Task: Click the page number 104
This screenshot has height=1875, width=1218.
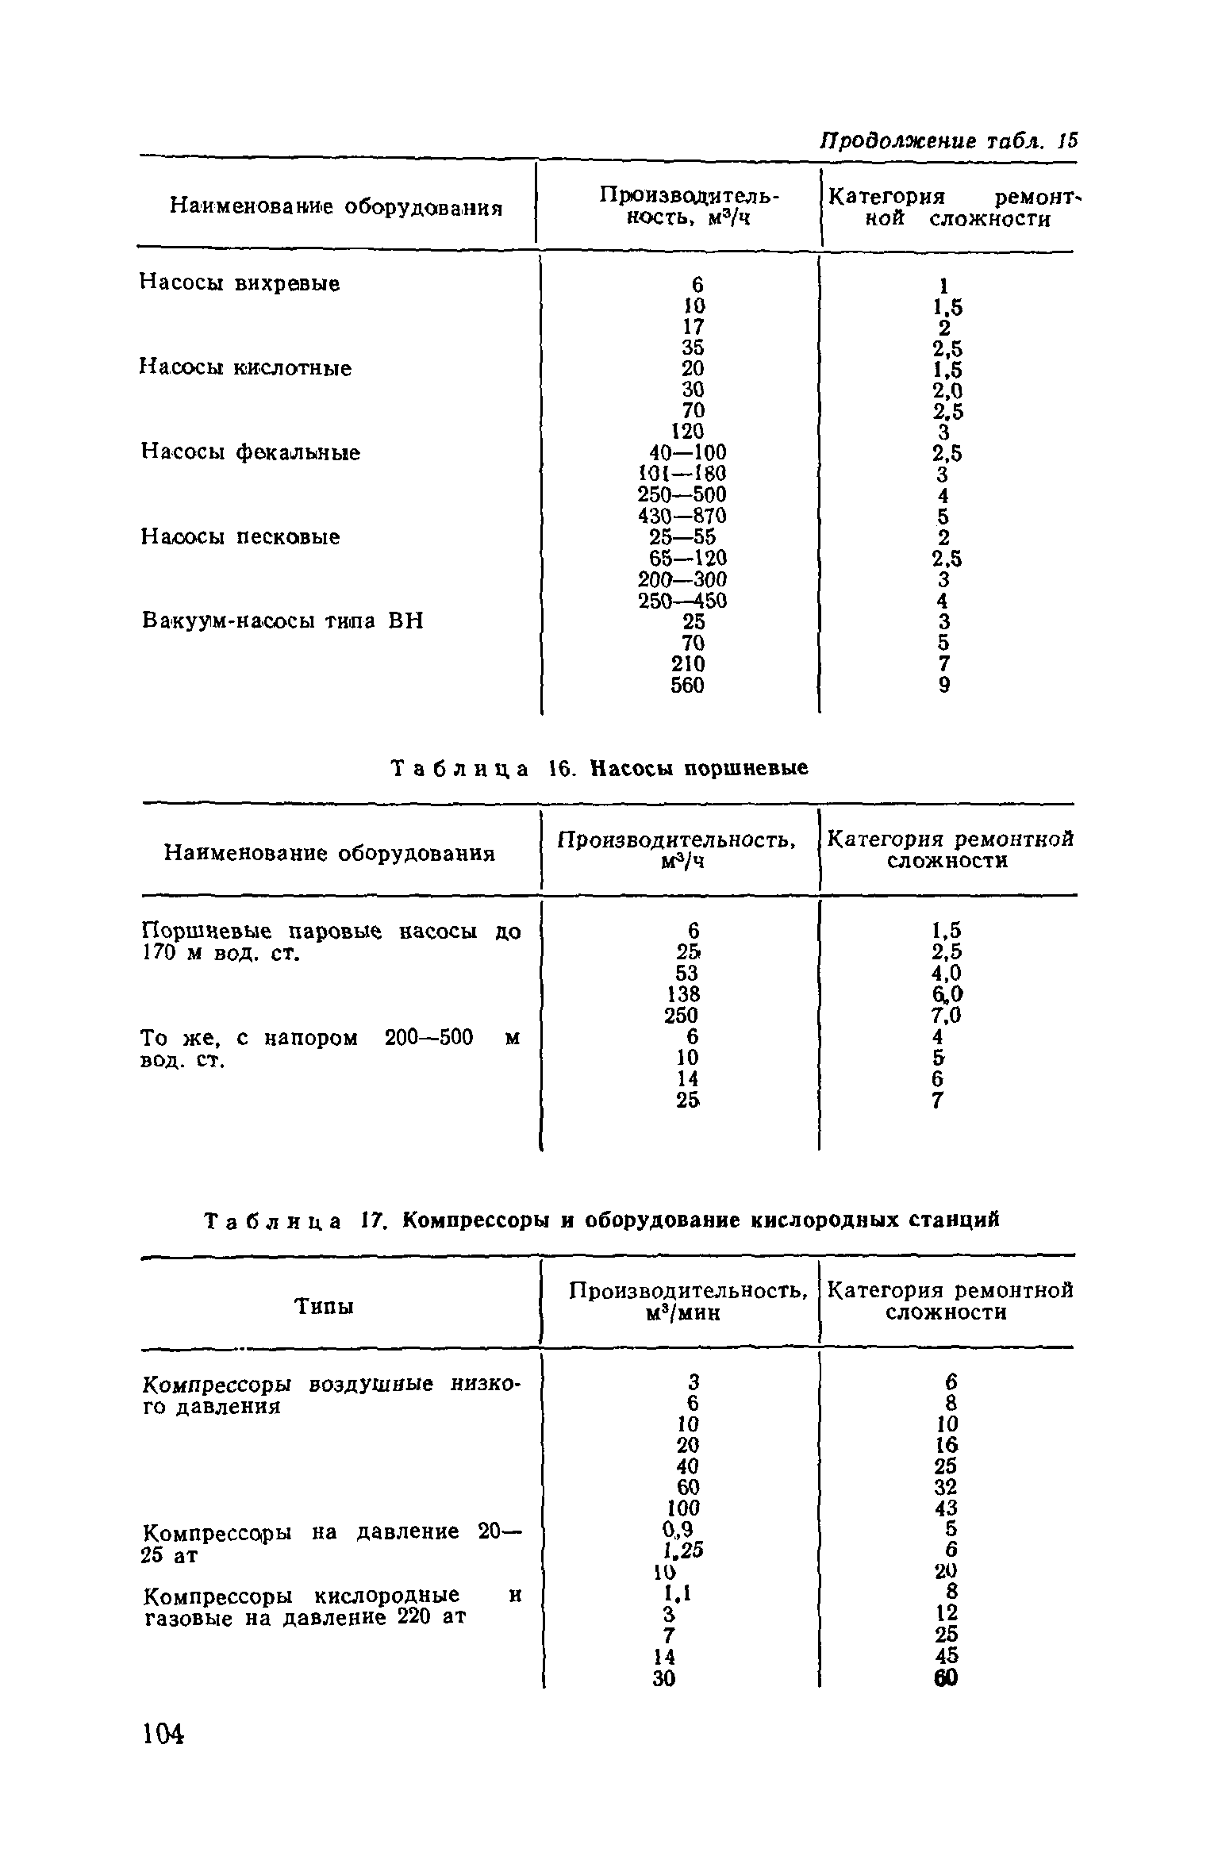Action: pyautogui.click(x=163, y=1756)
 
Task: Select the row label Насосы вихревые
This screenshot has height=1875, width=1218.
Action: pyautogui.click(x=240, y=283)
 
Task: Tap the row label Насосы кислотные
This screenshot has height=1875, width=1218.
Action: pyautogui.click(x=246, y=368)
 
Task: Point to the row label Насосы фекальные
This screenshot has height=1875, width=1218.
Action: pyautogui.click(x=251, y=452)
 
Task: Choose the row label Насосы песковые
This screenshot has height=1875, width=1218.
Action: pyautogui.click(x=240, y=537)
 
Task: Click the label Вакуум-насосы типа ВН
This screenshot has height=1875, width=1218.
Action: pyautogui.click(x=282, y=621)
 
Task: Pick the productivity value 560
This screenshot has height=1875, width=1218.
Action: pyautogui.click(x=687, y=685)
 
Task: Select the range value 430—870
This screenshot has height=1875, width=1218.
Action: pyautogui.click(x=682, y=517)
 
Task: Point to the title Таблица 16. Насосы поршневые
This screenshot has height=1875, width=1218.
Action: pyautogui.click(x=600, y=768)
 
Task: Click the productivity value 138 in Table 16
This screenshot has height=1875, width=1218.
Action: pyautogui.click(x=683, y=994)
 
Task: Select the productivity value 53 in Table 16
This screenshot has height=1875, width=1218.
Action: pyautogui.click(x=687, y=973)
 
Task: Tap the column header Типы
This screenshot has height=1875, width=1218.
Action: pyautogui.click(x=324, y=1305)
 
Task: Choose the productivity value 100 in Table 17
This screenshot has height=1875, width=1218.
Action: pyautogui.click(x=683, y=1508)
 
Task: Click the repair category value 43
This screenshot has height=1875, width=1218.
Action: pyautogui.click(x=946, y=1508)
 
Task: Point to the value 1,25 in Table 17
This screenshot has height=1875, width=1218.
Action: pyautogui.click(x=683, y=1550)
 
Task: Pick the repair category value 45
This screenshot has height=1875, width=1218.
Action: pyautogui.click(x=946, y=1655)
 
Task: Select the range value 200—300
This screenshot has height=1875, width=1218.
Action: pyautogui.click(x=682, y=580)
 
